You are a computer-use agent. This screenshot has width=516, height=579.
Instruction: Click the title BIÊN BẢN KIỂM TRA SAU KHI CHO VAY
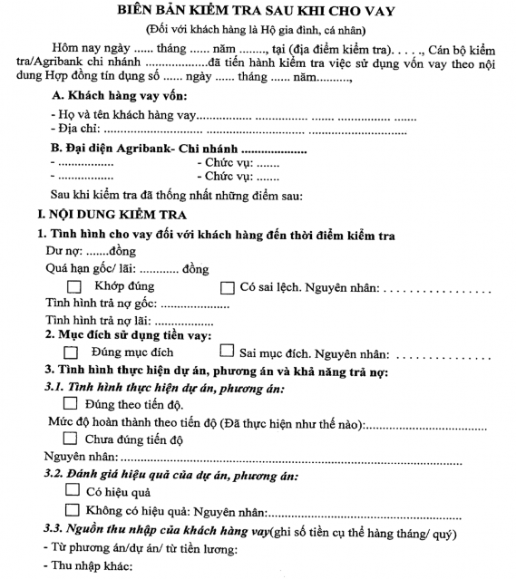tap(258, 10)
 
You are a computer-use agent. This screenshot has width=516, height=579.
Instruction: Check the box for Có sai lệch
tap(228, 287)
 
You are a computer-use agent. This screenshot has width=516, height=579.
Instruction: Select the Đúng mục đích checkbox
tap(73, 352)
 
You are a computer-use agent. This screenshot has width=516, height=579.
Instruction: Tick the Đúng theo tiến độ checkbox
tap(72, 404)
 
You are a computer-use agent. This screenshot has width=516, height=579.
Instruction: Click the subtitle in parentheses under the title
tap(258, 28)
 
